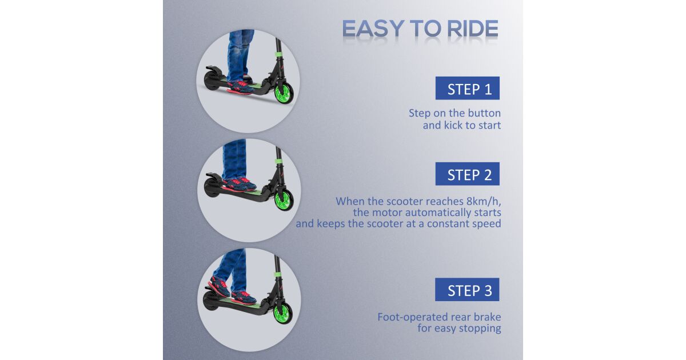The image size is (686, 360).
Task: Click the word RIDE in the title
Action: [473, 29]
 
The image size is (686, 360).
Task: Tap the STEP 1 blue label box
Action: [468, 88]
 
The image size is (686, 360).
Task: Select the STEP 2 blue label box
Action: [468, 174]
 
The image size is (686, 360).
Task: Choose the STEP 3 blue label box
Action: [467, 290]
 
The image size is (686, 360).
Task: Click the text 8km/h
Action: [484, 201]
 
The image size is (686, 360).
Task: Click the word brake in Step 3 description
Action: [487, 317]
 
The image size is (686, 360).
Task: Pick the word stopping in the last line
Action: [480, 329]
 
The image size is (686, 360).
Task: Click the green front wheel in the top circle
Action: [284, 92]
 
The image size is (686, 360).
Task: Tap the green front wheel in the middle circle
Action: [284, 199]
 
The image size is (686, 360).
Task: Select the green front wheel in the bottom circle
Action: [282, 313]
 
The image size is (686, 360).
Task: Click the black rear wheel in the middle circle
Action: [212, 188]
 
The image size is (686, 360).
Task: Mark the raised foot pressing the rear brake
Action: [220, 286]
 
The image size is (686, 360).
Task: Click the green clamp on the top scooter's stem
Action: [278, 54]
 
